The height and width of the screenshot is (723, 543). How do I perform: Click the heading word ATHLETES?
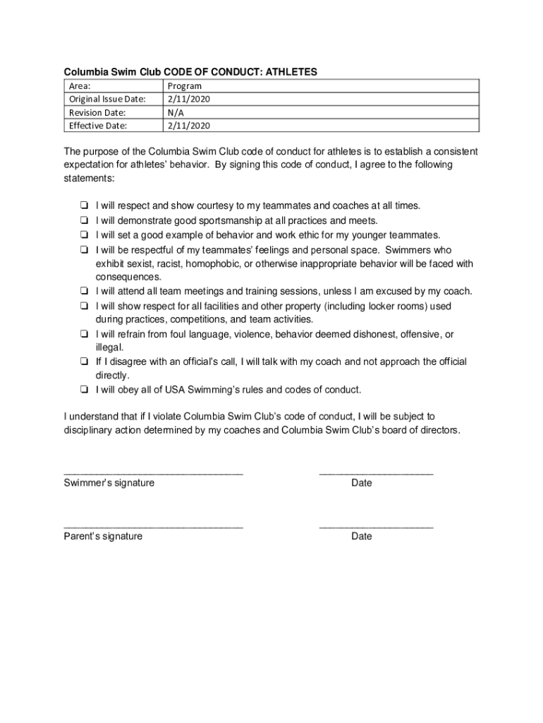pos(289,72)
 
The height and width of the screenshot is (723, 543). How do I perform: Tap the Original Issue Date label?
pos(107,100)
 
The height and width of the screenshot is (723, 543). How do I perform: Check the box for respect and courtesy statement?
pos(83,206)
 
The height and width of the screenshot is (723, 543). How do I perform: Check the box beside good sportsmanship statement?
pos(83,220)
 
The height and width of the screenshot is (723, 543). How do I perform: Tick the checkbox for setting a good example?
pos(83,234)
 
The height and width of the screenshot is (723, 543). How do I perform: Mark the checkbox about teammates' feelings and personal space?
pos(83,250)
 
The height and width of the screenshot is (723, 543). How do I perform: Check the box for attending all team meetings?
pos(83,291)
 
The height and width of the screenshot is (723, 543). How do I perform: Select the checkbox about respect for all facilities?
pos(83,306)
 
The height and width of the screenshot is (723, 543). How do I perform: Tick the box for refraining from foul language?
pos(83,334)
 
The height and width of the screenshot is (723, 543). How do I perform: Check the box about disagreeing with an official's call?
pos(83,361)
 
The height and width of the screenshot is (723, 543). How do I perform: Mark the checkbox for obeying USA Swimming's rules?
pos(83,390)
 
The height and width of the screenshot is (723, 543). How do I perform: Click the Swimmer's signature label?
pos(109,483)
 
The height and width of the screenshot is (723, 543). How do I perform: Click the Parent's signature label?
pos(103,536)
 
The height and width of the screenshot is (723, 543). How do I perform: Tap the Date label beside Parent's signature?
pos(361,536)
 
